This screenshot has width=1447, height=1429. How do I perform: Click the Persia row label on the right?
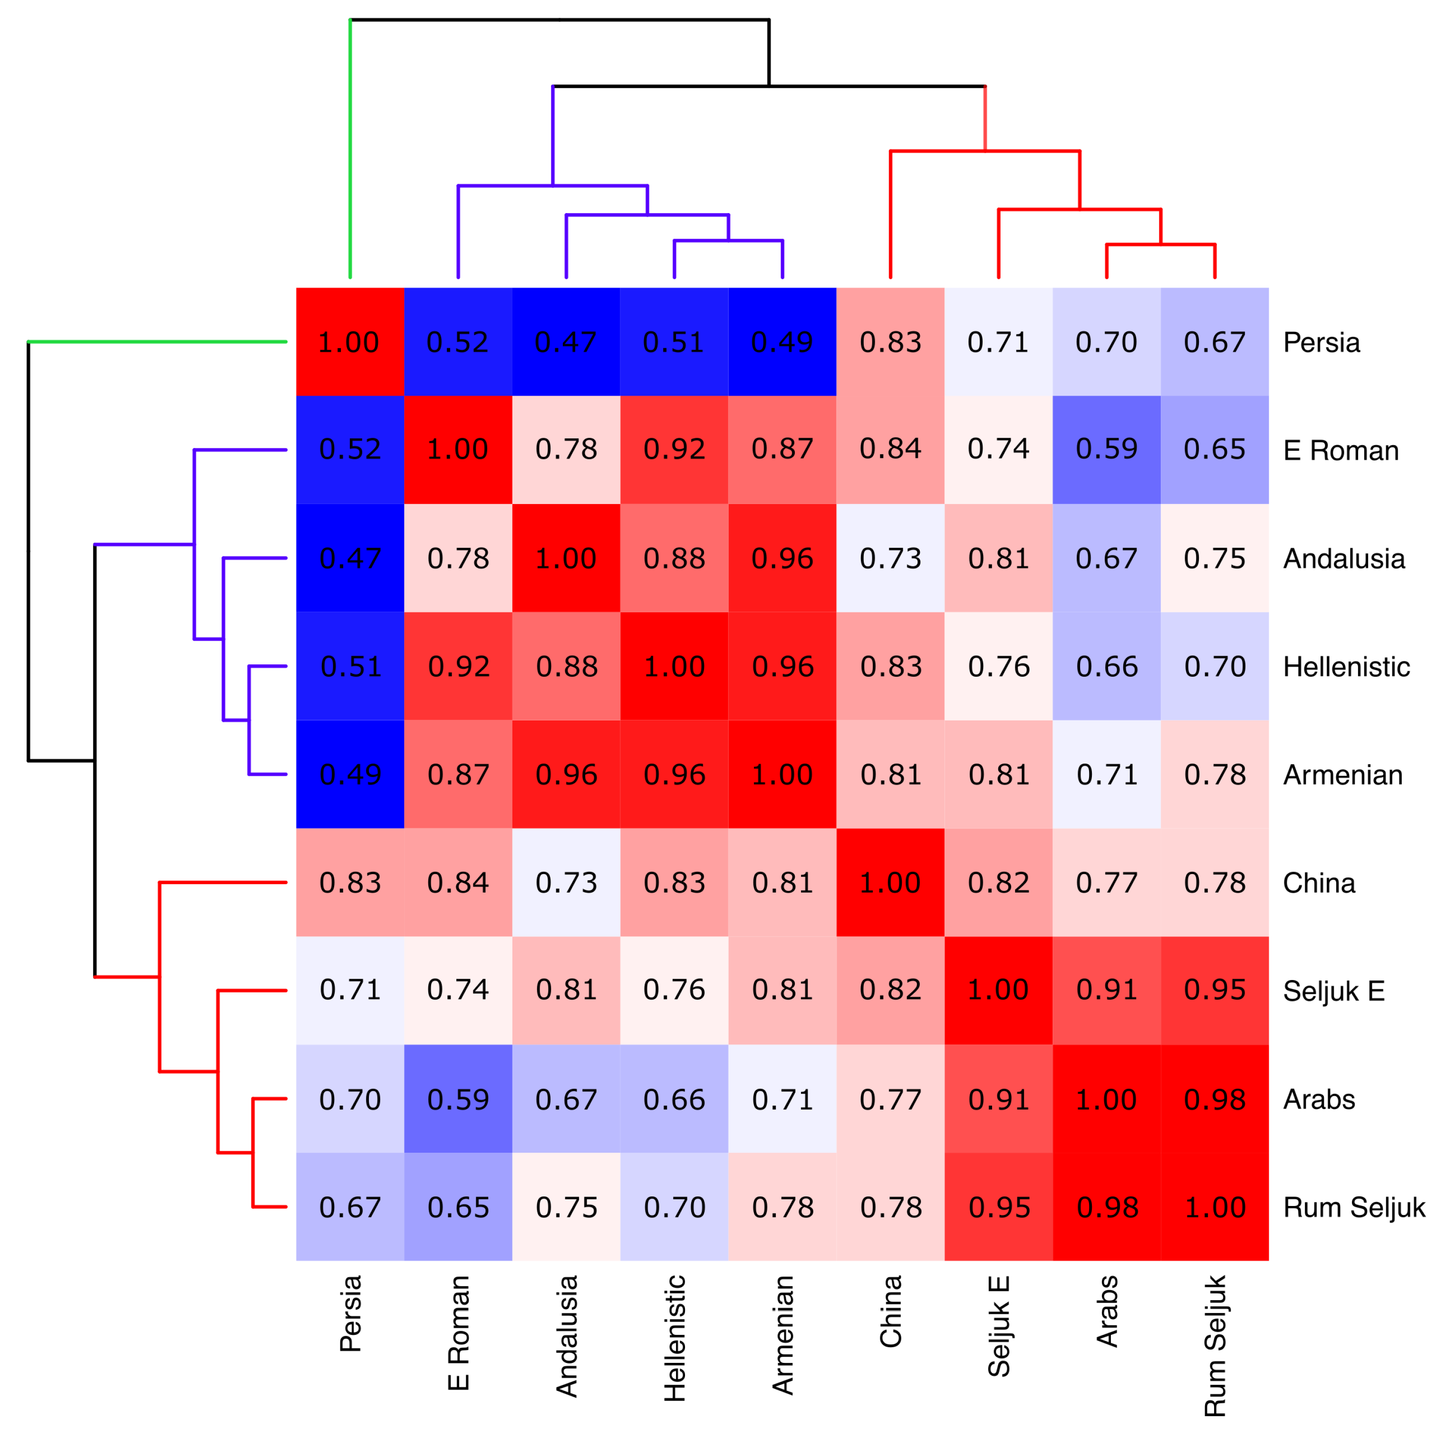(1321, 342)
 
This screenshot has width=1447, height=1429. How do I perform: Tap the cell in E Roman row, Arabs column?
(1106, 449)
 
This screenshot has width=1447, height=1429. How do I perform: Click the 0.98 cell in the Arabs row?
(1214, 1098)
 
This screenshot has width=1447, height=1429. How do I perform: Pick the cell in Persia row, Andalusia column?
(566, 342)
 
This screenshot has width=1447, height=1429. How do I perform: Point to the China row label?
(1318, 883)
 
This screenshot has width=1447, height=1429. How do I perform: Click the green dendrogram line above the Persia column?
(350, 150)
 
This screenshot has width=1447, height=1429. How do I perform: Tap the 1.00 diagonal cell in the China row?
(890, 882)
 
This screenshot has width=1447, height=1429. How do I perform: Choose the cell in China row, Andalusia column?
(566, 882)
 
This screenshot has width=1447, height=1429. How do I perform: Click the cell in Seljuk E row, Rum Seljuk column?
(1214, 990)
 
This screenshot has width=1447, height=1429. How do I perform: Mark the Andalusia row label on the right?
(1343, 558)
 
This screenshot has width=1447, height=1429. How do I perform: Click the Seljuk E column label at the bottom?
(998, 1326)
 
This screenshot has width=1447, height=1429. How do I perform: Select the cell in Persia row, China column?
(890, 342)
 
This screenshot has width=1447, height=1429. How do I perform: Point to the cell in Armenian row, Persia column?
(350, 774)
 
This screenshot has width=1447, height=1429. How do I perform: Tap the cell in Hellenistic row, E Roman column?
(458, 666)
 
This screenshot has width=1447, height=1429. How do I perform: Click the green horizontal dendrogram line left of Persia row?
(157, 342)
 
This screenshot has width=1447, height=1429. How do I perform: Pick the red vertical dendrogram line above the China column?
(890, 214)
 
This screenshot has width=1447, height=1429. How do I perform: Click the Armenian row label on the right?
(1342, 775)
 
